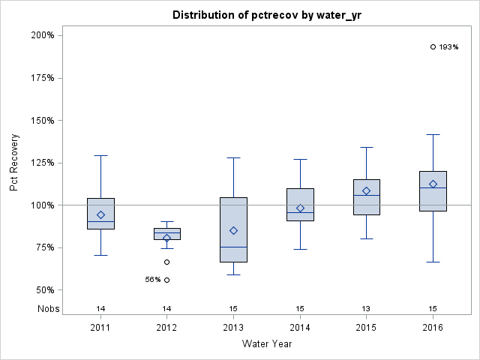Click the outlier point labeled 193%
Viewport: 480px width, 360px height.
pos(433,46)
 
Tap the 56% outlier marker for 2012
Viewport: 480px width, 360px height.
pos(166,280)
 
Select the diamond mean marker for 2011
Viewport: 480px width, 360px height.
pos(100,215)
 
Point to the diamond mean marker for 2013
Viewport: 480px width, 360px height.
pos(233,230)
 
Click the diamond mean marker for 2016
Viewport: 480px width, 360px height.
pos(433,184)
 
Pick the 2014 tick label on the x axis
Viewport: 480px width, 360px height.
pos(300,328)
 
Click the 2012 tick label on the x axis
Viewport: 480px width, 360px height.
pos(166,328)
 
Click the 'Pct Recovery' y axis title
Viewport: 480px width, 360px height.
pos(15,163)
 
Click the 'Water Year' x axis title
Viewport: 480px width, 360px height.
pos(266,344)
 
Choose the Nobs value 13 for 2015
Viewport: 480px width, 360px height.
pos(366,309)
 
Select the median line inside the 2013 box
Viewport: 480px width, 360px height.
pos(233,247)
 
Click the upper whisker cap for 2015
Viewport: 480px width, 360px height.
pos(366,147)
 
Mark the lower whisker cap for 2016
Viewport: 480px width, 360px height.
pos(433,262)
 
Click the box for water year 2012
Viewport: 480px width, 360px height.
pos(166,234)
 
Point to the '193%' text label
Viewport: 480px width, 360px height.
pos(448,47)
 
